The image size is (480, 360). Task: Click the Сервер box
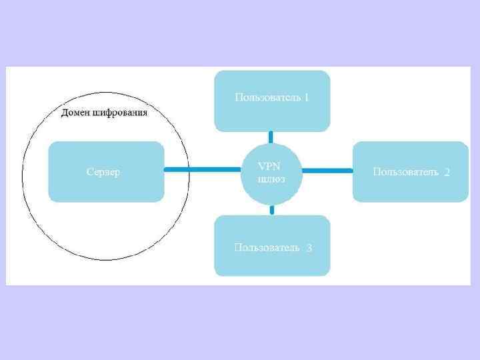coord(106,171)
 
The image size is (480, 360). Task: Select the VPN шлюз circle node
coord(271,172)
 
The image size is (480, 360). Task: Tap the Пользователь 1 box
coord(272,101)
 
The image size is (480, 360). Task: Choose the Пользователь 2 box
coord(411,171)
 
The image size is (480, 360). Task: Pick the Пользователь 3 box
coord(272,245)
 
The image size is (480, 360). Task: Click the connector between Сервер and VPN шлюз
coord(202,170)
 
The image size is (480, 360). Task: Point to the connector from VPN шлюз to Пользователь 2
coord(327,171)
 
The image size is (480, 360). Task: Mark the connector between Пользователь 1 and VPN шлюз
coord(271,136)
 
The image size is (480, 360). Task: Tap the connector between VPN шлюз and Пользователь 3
coord(272,210)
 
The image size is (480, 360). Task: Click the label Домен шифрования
coord(105,113)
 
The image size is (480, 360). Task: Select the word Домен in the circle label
coord(75,113)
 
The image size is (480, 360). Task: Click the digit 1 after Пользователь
coord(307,97)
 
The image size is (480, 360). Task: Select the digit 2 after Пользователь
coord(447,173)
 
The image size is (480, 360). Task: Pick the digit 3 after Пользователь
coord(309,248)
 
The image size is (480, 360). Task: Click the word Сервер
coord(103,172)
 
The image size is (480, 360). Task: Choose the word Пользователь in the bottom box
coord(267,247)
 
